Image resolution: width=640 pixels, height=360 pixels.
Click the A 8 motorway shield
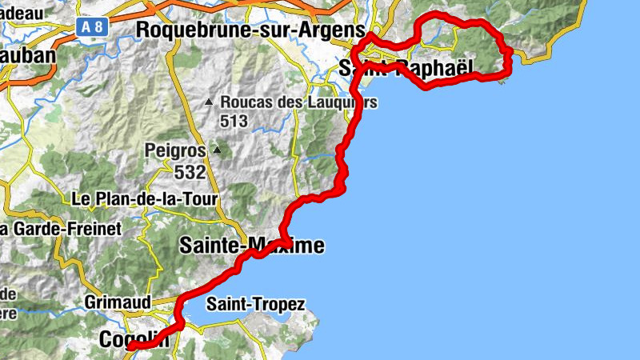pyautogui.click(x=92, y=26)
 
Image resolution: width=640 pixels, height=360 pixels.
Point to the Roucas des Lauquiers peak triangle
pyautogui.click(x=209, y=102)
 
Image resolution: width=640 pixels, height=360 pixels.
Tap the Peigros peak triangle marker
pyautogui.click(x=216, y=150)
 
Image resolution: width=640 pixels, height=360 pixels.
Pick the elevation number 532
pyautogui.click(x=190, y=170)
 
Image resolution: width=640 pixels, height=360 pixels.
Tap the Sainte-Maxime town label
pyautogui.click(x=252, y=245)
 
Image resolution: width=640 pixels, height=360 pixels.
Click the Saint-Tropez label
pyautogui.click(x=255, y=304)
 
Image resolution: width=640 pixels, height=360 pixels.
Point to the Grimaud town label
pyautogui.click(x=118, y=302)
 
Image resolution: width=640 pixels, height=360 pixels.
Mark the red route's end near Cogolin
pyautogui.click(x=130, y=346)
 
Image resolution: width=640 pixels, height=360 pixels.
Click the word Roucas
pyautogui.click(x=246, y=102)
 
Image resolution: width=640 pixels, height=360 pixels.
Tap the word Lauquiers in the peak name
pyautogui.click(x=339, y=102)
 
